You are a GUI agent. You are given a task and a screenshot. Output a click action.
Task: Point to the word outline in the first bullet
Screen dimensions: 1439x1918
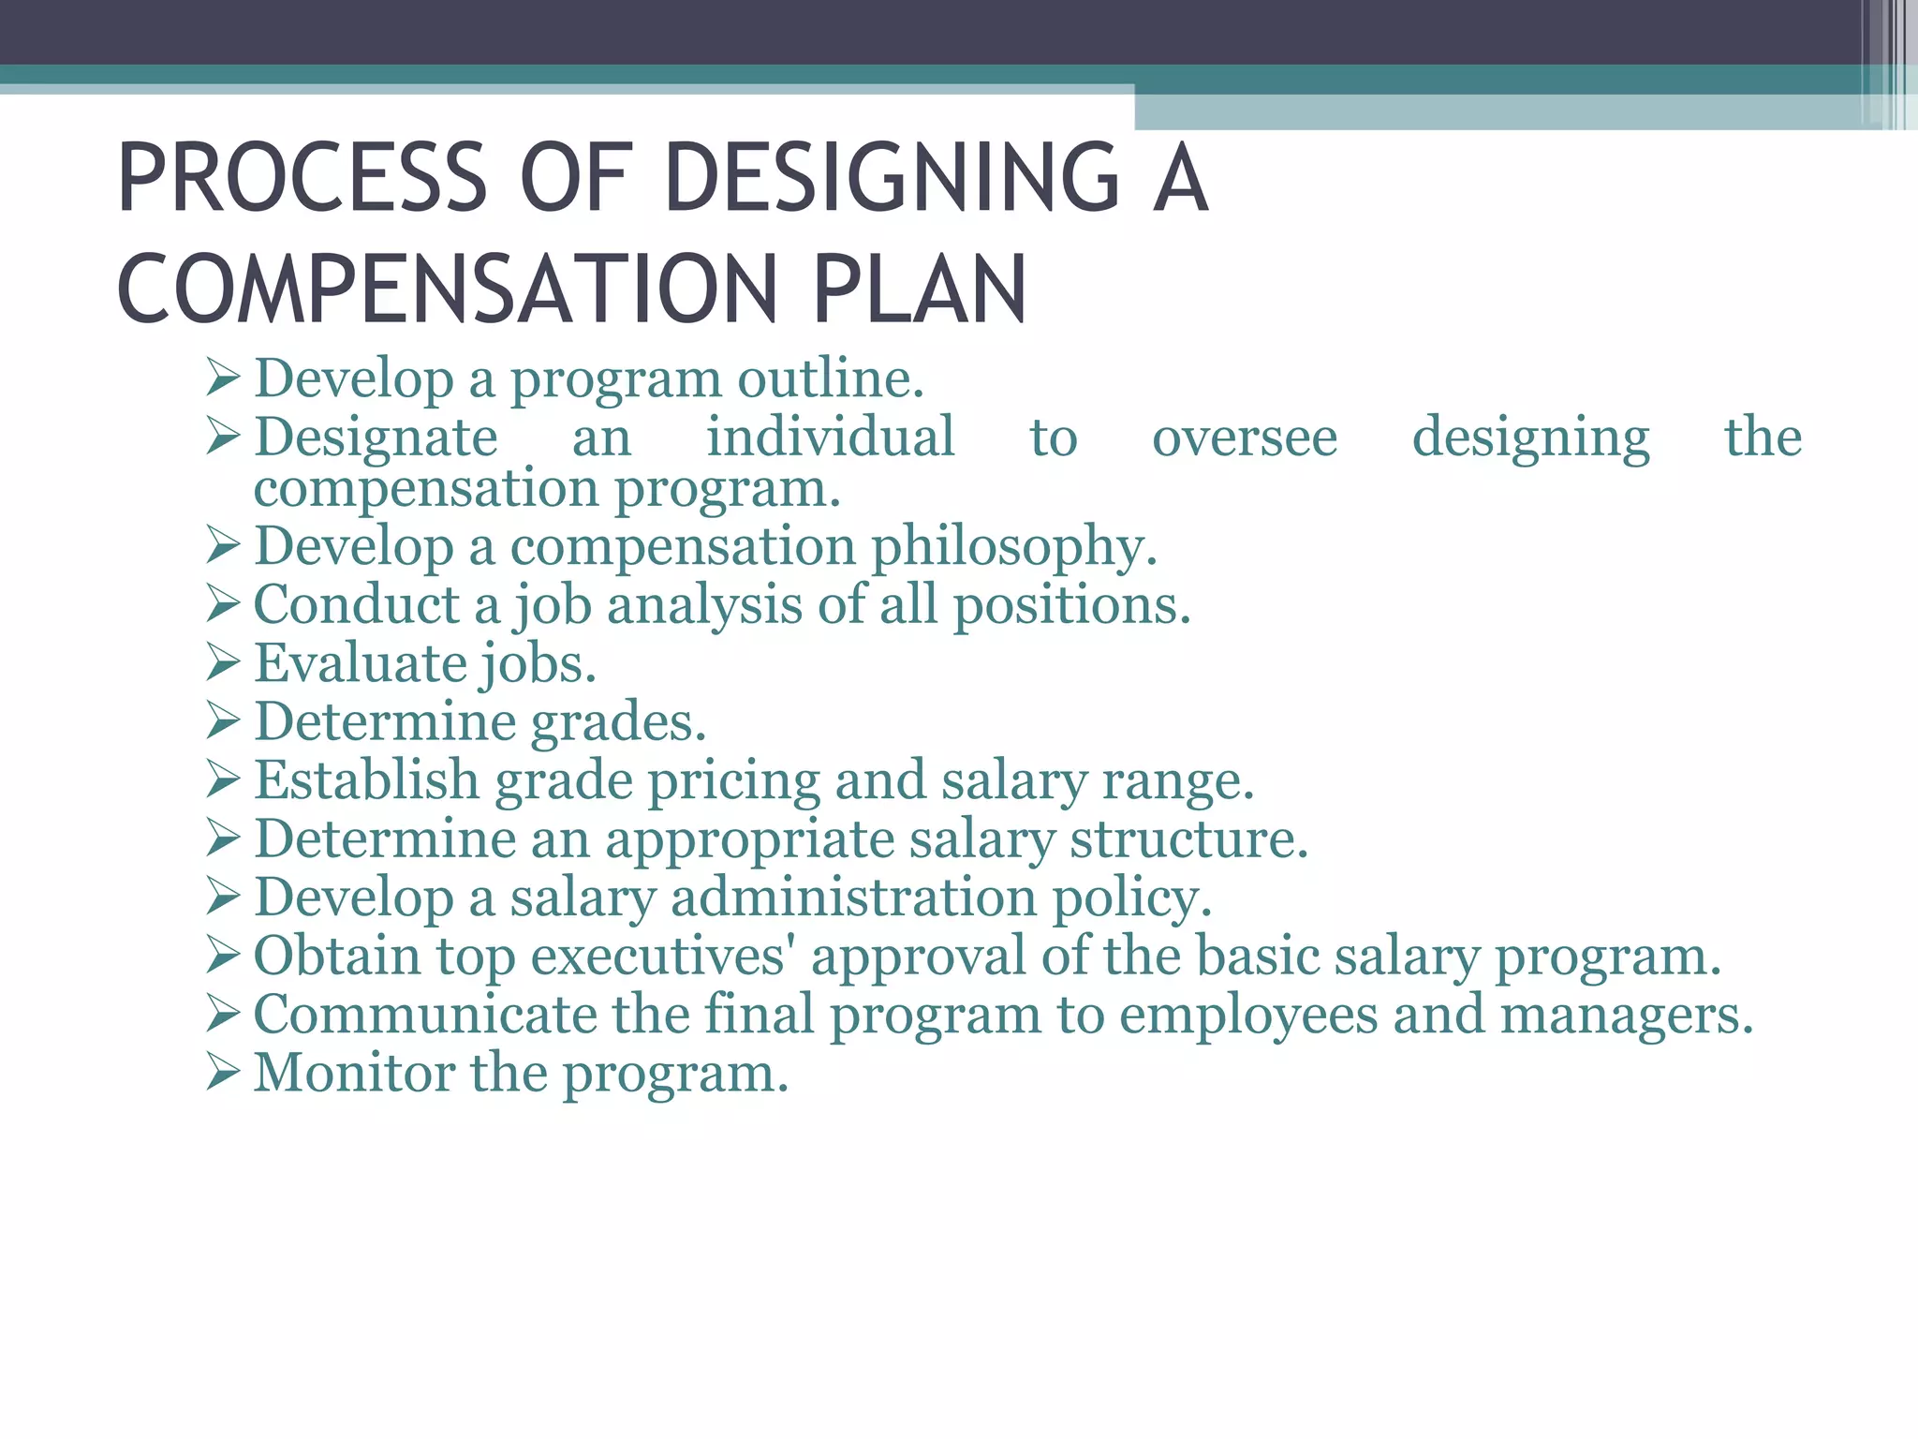(x=830, y=378)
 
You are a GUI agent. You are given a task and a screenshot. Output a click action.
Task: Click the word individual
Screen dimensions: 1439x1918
(x=830, y=437)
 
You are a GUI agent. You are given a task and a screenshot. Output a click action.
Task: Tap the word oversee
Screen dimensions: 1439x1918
(x=1245, y=437)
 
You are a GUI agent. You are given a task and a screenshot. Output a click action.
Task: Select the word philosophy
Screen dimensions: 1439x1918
(x=1014, y=546)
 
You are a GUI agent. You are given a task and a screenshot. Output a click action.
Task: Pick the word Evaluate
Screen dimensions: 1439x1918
(x=361, y=663)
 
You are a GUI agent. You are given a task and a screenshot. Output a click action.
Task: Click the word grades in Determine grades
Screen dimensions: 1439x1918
(x=618, y=722)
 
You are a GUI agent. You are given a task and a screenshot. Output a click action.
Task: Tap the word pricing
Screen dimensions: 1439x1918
(x=734, y=780)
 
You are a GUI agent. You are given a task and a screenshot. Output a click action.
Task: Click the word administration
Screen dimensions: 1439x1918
(x=853, y=898)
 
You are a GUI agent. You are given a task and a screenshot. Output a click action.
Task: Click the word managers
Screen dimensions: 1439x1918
(x=1626, y=1015)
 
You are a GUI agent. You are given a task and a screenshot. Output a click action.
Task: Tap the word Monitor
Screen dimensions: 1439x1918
(x=354, y=1073)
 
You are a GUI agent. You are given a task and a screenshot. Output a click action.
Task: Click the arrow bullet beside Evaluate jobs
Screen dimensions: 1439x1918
(x=224, y=662)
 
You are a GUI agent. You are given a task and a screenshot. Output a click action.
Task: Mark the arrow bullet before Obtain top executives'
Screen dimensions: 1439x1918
(x=224, y=956)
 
